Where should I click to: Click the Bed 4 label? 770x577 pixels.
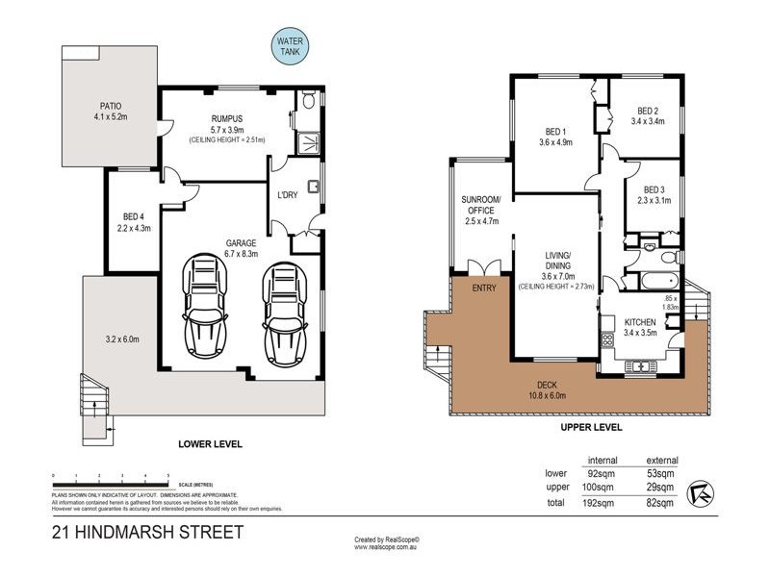(x=133, y=222)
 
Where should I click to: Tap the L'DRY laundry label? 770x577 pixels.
(x=288, y=196)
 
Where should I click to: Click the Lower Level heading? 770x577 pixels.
(x=210, y=444)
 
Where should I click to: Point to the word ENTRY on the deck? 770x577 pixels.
(x=482, y=288)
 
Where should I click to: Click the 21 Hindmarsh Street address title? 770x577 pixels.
(x=146, y=533)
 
